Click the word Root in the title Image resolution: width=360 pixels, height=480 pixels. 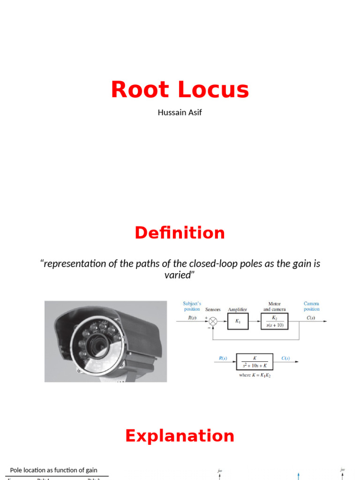(x=139, y=90)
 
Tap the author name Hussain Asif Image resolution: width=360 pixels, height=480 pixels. (x=180, y=112)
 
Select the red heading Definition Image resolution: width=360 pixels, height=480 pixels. (x=180, y=233)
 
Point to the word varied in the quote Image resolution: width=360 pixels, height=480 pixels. (x=179, y=275)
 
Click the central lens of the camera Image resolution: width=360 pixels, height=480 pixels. (x=99, y=346)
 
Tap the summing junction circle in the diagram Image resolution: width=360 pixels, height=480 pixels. (x=213, y=321)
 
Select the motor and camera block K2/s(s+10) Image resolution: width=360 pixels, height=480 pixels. (x=275, y=321)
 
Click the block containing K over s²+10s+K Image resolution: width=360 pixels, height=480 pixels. (x=254, y=361)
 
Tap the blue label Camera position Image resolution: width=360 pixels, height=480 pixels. (x=311, y=306)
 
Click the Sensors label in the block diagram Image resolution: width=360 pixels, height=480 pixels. (x=212, y=309)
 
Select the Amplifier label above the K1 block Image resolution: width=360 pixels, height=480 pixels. (x=237, y=309)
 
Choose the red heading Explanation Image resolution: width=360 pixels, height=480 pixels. (x=180, y=436)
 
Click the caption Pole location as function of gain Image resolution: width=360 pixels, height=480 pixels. (x=54, y=470)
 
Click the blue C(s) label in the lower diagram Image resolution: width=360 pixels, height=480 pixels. (x=285, y=359)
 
